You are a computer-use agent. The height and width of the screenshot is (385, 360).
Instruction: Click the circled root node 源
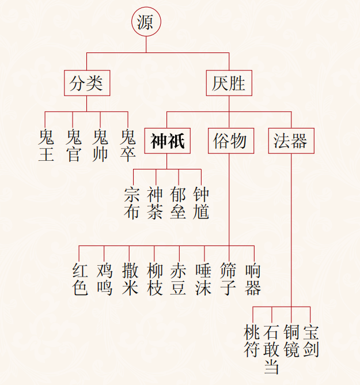point(146,22)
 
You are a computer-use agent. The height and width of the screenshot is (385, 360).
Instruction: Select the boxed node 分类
point(86,84)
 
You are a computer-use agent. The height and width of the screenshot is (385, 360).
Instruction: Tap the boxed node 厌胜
point(229,84)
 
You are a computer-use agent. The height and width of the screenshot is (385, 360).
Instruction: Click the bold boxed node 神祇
point(167,141)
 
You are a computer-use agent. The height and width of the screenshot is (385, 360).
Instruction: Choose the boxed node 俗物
point(229,141)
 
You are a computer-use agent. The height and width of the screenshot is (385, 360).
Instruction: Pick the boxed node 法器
point(291,141)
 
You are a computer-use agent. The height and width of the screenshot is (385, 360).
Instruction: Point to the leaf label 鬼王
point(46,146)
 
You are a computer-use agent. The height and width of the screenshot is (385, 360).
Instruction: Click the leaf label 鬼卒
point(128,146)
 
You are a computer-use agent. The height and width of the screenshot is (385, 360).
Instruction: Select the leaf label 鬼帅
point(101,146)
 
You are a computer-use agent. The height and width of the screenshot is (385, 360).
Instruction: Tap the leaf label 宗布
point(132,203)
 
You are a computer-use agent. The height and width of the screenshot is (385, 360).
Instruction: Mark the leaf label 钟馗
point(201,203)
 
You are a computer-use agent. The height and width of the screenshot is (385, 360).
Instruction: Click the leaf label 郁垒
point(178,203)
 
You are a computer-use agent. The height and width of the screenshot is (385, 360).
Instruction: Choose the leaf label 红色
point(79,279)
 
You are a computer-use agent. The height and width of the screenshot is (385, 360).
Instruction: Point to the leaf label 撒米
point(130,279)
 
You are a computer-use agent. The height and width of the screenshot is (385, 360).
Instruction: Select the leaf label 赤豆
point(179,279)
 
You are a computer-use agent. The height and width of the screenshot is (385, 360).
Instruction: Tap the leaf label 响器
point(253,279)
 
